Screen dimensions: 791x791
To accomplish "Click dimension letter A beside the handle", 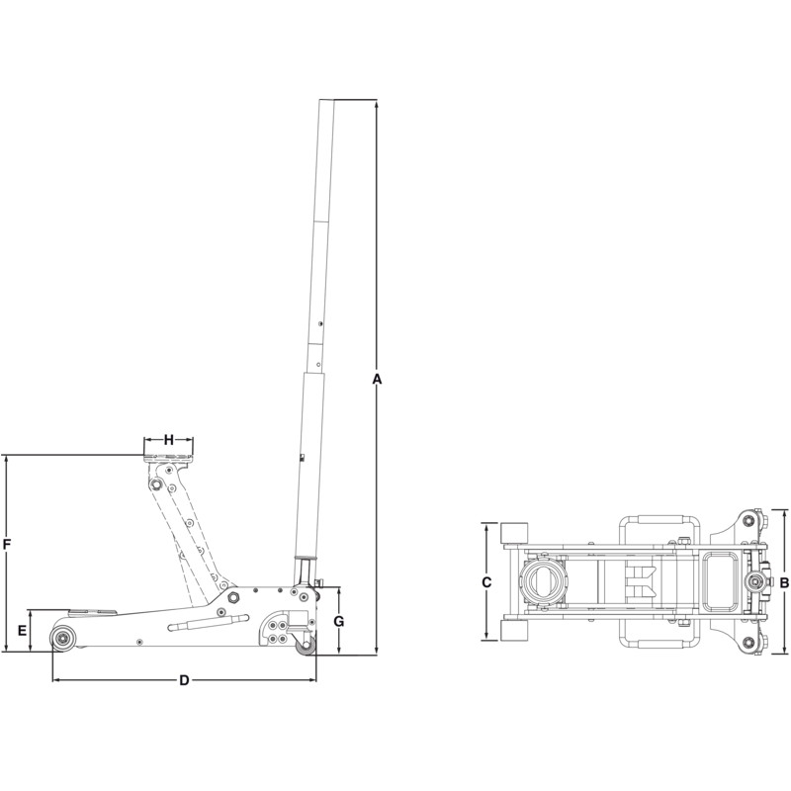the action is (377, 379).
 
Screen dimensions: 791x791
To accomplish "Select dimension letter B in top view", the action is (784, 583).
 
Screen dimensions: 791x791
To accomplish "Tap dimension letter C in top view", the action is (486, 582).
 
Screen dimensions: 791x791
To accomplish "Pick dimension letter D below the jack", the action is (184, 680).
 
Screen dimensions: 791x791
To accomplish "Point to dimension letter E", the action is (22, 631).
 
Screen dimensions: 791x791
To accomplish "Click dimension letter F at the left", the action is (7, 545).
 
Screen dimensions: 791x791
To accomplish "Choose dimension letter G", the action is (339, 622).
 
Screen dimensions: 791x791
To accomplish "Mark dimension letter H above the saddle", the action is (169, 440).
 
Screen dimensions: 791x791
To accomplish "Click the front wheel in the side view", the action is (63, 638).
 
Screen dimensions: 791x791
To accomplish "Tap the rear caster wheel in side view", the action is (306, 646).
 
